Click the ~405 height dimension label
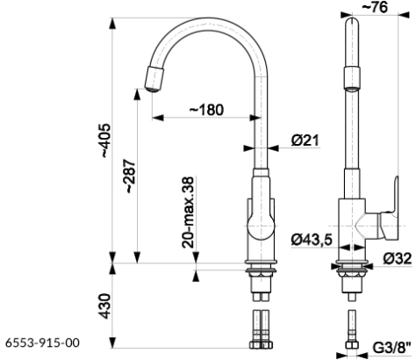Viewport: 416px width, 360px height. [106, 140]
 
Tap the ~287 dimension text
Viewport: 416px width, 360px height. [130, 176]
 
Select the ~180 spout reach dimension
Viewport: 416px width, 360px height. [206, 110]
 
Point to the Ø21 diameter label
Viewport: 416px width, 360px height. [305, 140]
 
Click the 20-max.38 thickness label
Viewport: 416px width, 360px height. [188, 212]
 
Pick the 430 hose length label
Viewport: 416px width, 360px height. [105, 306]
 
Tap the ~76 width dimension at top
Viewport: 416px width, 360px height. [375, 7]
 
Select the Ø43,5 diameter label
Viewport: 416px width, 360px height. [312, 240]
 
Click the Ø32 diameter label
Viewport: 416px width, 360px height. [398, 258]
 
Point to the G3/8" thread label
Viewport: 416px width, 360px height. [392, 348]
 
